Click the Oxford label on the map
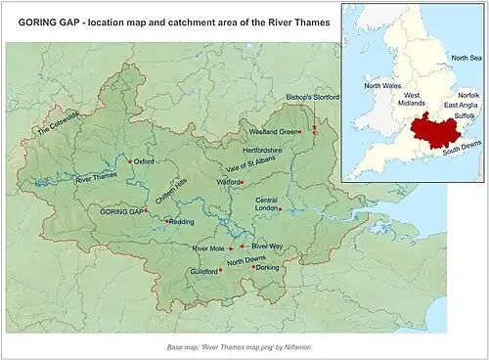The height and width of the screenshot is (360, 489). (x=145, y=161)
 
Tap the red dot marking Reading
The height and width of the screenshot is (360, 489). (x=166, y=221)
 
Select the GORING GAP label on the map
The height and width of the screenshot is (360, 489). (x=121, y=211)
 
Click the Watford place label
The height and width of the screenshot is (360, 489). (x=229, y=182)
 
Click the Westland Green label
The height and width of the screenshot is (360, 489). (x=272, y=131)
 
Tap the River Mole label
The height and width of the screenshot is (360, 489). (x=208, y=248)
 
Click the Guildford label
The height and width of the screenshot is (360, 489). (x=203, y=271)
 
